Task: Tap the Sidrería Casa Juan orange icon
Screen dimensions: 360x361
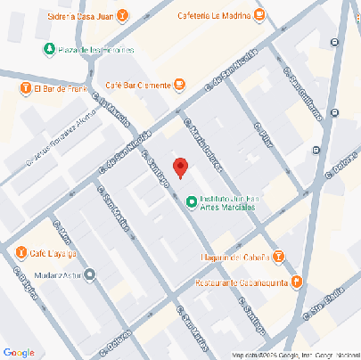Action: click(122, 13)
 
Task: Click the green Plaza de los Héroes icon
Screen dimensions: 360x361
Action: click(47, 50)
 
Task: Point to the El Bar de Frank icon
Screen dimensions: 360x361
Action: click(26, 88)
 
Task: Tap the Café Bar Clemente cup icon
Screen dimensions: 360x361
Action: click(179, 85)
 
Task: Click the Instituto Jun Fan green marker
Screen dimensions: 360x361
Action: click(190, 202)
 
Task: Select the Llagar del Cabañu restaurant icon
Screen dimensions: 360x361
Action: click(278, 257)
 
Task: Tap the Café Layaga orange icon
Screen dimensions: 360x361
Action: click(21, 253)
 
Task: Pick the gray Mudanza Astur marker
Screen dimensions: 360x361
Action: click(89, 274)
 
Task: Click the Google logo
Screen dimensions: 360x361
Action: click(19, 351)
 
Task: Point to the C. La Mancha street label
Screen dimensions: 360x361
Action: click(112, 114)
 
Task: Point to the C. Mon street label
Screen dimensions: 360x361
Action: click(62, 233)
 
